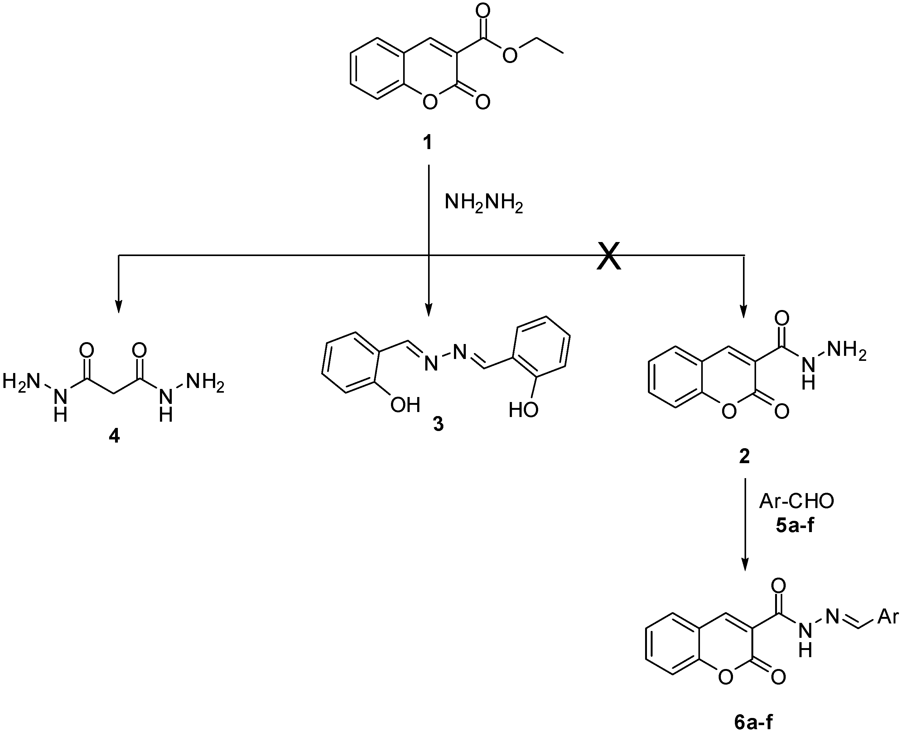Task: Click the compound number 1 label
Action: [427, 143]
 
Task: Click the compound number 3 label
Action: [438, 424]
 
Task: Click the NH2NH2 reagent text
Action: [484, 204]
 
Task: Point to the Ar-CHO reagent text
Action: [797, 502]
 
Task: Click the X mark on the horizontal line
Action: [609, 256]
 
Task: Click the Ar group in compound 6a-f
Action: [888, 617]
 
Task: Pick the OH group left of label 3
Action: [405, 405]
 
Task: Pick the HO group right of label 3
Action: [523, 410]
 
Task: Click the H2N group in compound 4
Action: [21, 382]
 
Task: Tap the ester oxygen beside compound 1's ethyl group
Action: [510, 55]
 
